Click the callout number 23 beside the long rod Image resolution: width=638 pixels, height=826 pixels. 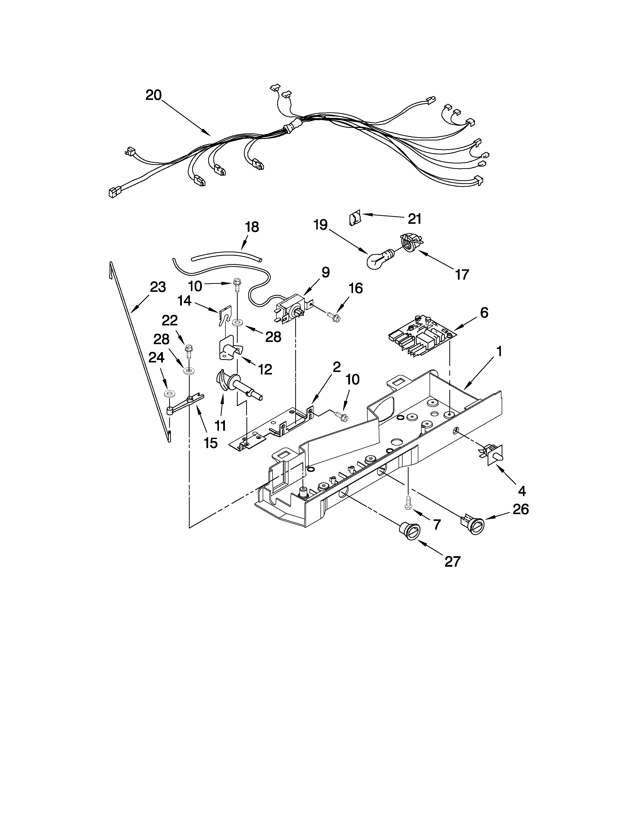(x=158, y=287)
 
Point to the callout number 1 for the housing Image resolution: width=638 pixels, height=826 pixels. (x=499, y=351)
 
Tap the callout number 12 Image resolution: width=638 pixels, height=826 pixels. (x=265, y=369)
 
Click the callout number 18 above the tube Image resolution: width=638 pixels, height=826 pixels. (x=252, y=227)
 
